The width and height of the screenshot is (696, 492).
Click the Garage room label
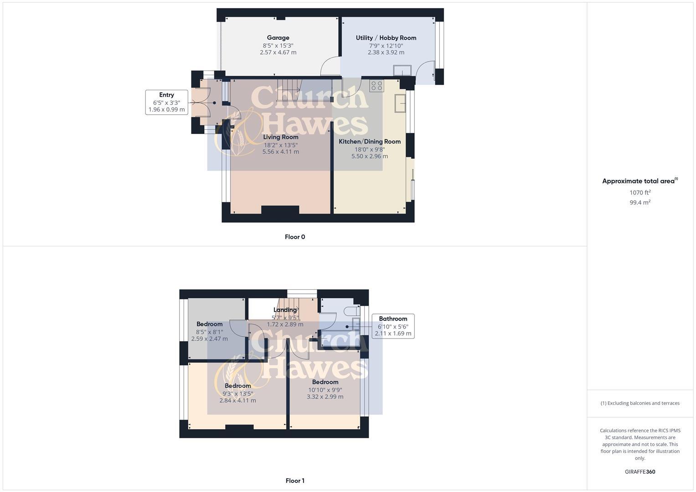point(278,38)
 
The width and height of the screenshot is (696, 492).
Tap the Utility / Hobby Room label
point(386,38)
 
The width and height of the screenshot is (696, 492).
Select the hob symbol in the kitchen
point(376,86)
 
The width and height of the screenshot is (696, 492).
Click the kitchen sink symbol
point(400,103)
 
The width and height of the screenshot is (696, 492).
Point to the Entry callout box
point(166,102)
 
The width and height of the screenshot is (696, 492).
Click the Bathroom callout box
point(393,326)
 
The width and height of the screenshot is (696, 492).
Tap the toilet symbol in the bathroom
point(351,311)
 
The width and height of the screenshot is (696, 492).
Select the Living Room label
point(281,137)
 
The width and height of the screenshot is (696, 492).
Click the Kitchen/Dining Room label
point(370,142)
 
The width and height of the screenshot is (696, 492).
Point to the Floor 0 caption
point(295,237)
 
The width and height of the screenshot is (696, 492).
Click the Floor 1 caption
point(295,481)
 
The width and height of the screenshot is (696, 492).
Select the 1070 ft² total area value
point(640,193)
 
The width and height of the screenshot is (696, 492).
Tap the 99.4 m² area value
point(640,202)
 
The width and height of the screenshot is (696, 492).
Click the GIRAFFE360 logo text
point(640,471)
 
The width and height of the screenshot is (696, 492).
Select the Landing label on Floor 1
point(285,310)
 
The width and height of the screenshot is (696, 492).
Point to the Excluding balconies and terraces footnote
point(640,403)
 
